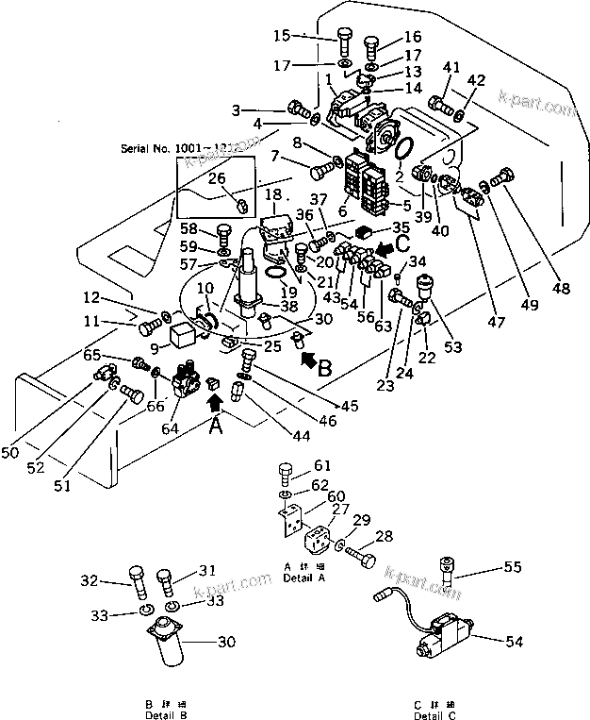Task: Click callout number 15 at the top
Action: point(282,36)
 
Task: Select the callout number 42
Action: point(478,80)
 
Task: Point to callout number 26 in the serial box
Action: point(216,177)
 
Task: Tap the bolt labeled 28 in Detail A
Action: point(358,555)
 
